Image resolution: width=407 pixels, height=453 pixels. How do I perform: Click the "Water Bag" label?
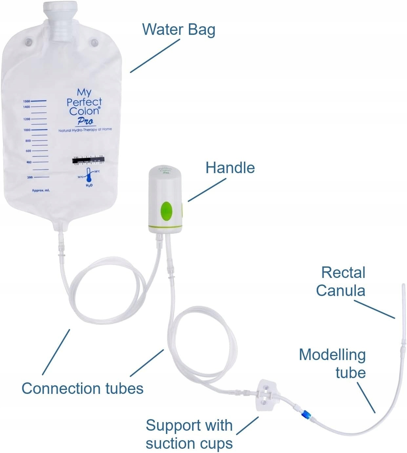pos(179,29)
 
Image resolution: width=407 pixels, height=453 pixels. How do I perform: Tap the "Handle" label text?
pos(230,168)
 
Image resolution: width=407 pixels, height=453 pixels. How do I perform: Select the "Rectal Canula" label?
pos(341,282)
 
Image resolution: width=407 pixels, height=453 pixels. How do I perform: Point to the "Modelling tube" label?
pos(333,364)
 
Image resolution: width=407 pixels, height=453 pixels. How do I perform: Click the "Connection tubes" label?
pos(82,388)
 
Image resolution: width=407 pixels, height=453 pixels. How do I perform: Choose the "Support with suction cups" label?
pos(189,434)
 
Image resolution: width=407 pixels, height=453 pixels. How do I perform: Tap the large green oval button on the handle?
pos(167,211)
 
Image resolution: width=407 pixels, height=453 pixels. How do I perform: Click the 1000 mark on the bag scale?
pos(27,130)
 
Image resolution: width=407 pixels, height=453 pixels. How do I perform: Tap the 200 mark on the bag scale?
pos(30,177)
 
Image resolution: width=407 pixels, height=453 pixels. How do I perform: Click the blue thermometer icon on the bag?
pos(88,175)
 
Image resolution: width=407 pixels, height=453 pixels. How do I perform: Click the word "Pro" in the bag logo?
pos(85,121)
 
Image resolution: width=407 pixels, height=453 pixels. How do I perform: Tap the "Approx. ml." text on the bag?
pos(41,191)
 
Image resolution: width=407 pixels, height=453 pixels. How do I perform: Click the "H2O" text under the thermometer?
pos(89,186)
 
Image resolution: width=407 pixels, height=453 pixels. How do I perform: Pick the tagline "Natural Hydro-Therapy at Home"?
pos(85,130)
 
